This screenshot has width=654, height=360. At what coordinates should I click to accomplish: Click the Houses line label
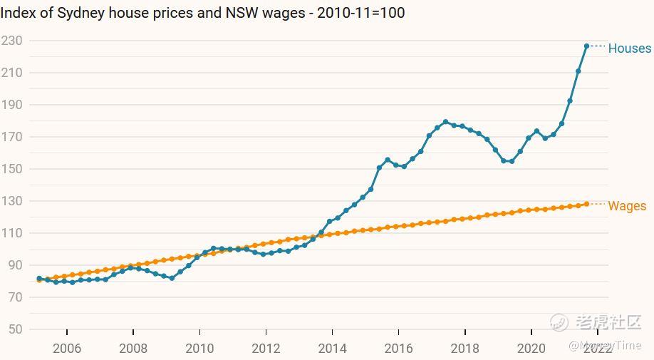pyautogui.click(x=629, y=48)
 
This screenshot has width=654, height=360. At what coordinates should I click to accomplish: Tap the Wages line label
pyautogui.click(x=627, y=206)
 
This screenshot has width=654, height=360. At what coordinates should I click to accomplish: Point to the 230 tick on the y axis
pyautogui.click(x=11, y=41)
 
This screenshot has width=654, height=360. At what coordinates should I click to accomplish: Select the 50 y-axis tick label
pyautogui.click(x=15, y=329)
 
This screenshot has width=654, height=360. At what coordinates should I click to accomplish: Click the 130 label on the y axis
pyautogui.click(x=11, y=201)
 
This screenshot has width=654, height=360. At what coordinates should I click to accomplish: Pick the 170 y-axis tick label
pyautogui.click(x=11, y=137)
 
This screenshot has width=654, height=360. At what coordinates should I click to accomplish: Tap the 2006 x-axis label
pyautogui.click(x=67, y=349)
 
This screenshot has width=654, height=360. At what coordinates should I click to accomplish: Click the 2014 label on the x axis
pyautogui.click(x=332, y=349)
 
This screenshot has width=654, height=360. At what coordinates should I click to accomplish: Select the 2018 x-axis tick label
pyautogui.click(x=464, y=349)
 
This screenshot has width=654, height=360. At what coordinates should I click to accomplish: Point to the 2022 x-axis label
pyautogui.click(x=597, y=349)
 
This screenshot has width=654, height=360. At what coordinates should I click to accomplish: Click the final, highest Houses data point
pyautogui.click(x=586, y=46)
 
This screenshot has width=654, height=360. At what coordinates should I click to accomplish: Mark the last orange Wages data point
pyautogui.click(x=586, y=204)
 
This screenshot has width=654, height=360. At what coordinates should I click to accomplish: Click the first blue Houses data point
pyautogui.click(x=39, y=279)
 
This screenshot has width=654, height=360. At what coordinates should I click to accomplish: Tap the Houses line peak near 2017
pyautogui.click(x=445, y=122)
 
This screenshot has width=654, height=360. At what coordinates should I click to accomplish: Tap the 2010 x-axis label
pyautogui.click(x=199, y=349)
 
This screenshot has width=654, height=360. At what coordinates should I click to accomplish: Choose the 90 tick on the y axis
pyautogui.click(x=15, y=265)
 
